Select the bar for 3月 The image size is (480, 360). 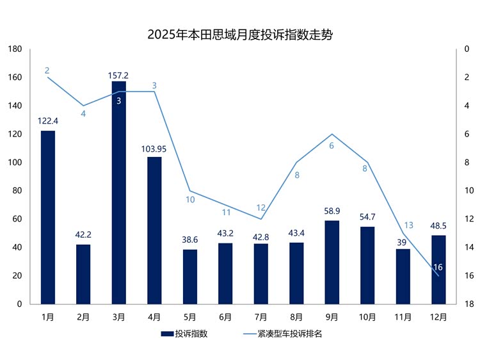[x=119, y=192]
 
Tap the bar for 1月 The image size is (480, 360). [x=48, y=217]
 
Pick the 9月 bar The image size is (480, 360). [x=332, y=262]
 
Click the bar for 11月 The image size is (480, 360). [x=403, y=276]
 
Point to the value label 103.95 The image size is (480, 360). [x=154, y=149]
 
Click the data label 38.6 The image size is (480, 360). [x=190, y=240]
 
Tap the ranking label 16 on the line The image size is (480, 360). [x=438, y=266]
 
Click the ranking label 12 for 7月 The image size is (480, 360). [x=261, y=208]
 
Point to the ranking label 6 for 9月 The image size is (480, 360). [x=332, y=146]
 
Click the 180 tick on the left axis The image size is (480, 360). [x=15, y=49]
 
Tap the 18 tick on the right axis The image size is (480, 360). [x=468, y=304]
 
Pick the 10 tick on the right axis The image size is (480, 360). [x=468, y=191]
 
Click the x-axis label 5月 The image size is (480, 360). [x=190, y=316]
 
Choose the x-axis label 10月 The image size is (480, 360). [x=367, y=316]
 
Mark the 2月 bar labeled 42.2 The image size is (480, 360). [x=83, y=274]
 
